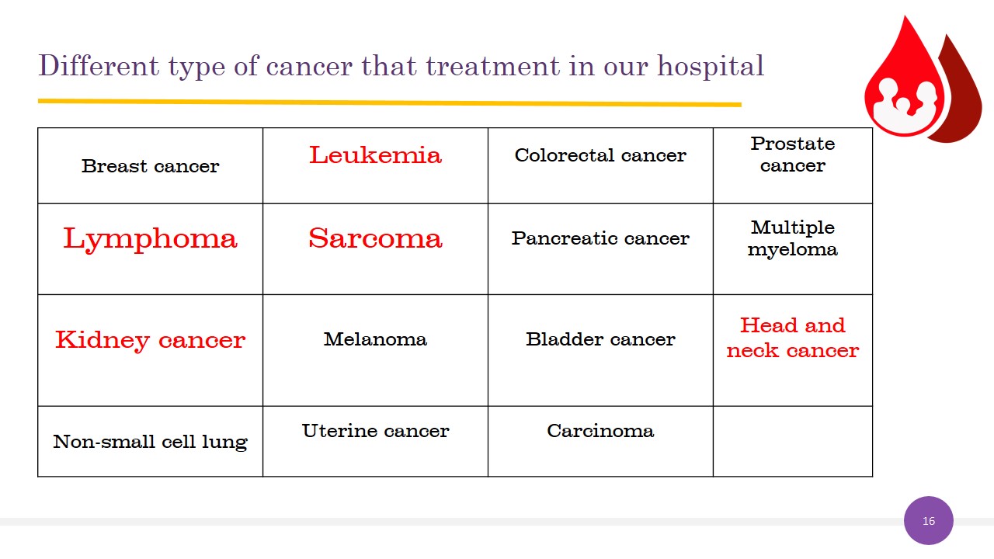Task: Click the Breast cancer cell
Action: (151, 166)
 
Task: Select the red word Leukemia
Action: (375, 155)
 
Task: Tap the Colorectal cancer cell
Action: (600, 166)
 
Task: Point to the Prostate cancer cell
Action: (793, 166)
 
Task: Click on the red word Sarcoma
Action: (375, 238)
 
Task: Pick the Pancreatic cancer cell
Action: (600, 249)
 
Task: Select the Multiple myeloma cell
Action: (793, 249)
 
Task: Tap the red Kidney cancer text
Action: (151, 341)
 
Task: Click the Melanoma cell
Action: (375, 350)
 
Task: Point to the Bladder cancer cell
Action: (600, 350)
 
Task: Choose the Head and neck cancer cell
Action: (793, 350)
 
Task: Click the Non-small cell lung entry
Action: (151, 442)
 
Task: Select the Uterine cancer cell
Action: (375, 442)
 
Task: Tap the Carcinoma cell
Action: (600, 442)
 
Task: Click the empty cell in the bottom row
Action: (793, 442)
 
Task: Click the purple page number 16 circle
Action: (928, 520)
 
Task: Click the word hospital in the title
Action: (711, 67)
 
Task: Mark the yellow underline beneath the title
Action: (390, 102)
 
